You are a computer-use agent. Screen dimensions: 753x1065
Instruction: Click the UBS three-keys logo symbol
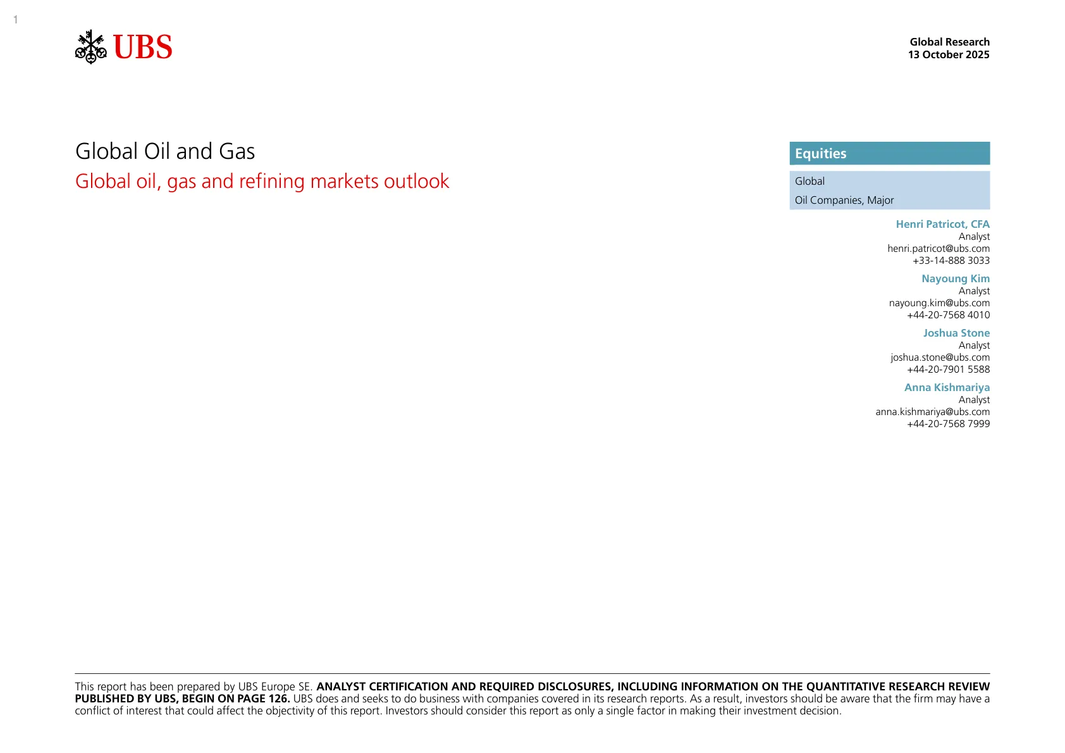tap(91, 47)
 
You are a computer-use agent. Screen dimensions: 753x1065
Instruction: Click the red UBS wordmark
tap(143, 47)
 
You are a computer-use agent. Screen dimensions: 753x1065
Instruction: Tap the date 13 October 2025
tap(949, 54)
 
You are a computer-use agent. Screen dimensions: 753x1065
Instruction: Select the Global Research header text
tap(949, 42)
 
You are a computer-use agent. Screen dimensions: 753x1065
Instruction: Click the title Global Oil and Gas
tap(165, 151)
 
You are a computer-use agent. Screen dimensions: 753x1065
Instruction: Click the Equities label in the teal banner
tap(820, 154)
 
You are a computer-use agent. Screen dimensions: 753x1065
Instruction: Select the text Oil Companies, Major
tap(844, 200)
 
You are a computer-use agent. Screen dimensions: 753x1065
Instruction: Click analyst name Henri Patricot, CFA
tap(942, 224)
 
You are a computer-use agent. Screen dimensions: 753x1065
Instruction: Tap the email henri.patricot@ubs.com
tap(939, 249)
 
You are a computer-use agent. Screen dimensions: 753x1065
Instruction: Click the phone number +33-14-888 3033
tap(951, 261)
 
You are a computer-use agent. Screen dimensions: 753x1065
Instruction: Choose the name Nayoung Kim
tap(956, 278)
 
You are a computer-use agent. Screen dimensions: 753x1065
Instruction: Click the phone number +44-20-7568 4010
tap(949, 315)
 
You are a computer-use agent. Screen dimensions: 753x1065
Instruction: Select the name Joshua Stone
tap(956, 333)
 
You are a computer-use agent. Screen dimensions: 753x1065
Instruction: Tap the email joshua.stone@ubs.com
tap(940, 358)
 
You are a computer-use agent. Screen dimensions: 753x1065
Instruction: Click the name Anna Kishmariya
tap(947, 387)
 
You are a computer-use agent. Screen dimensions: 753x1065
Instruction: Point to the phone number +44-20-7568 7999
tap(949, 424)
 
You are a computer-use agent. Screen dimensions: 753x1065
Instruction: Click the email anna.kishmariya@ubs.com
tap(933, 412)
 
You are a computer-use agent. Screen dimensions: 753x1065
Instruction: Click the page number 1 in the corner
tap(15, 20)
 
